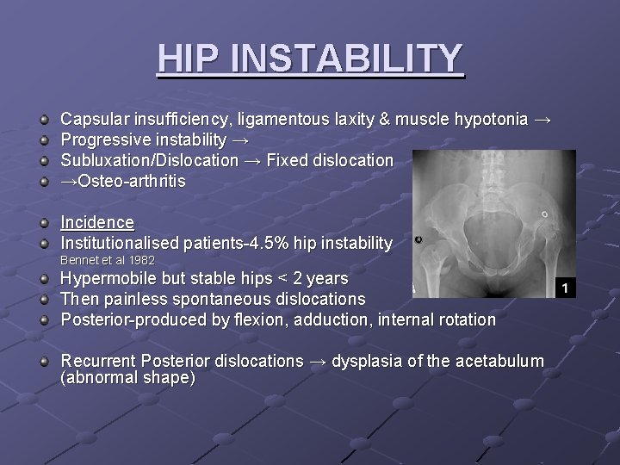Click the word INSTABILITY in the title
[x=347, y=59]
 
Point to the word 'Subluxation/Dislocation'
[x=148, y=161]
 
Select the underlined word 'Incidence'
[x=96, y=223]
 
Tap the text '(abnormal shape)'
[x=127, y=379]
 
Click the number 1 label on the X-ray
[x=565, y=288]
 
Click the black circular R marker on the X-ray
[x=418, y=240]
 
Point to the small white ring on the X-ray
[x=544, y=214]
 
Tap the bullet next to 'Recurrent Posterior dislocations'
[x=44, y=361]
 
